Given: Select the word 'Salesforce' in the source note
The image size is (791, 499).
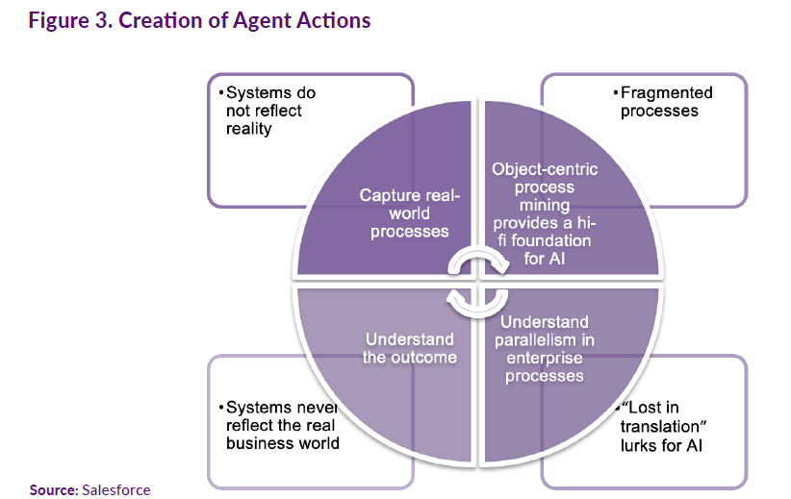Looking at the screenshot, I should coord(116,489).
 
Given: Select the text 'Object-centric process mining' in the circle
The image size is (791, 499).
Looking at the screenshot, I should coord(544,187).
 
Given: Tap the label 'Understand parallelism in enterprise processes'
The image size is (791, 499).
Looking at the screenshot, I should coord(544,347).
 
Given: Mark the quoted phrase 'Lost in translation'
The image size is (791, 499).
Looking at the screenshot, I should coord(666,416).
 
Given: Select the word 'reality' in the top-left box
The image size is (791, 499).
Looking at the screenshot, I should coord(249,128).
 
